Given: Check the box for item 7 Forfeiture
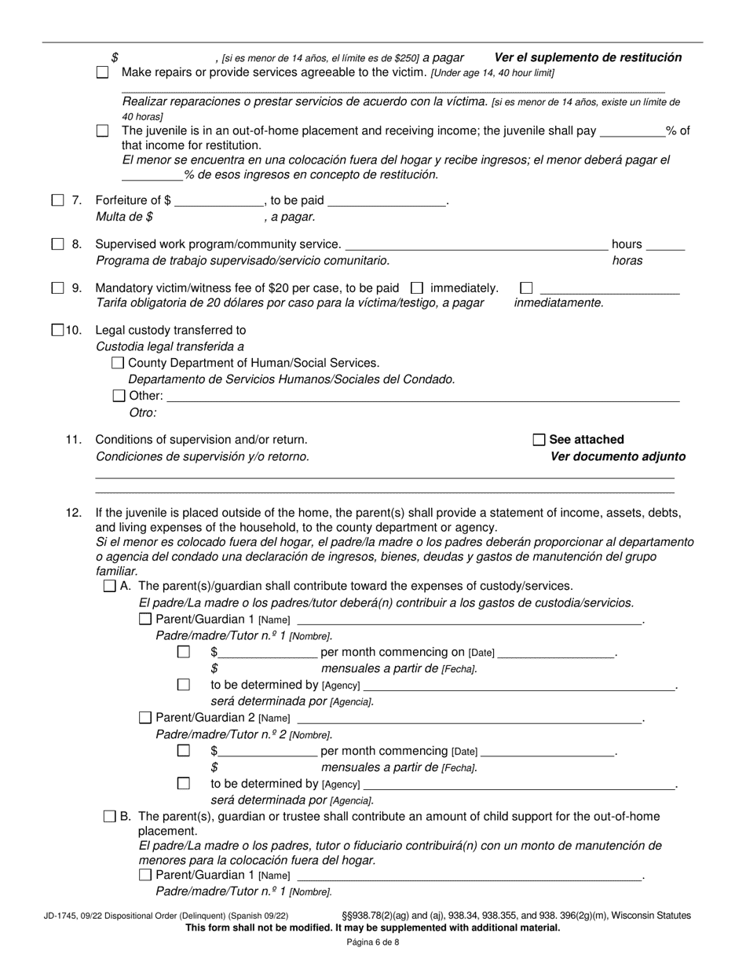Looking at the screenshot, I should pos(58,200).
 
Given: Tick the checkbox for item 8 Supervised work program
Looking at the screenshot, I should pos(58,244).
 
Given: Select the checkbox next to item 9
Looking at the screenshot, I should pos(58,288).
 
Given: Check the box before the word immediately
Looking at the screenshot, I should pos(418,288).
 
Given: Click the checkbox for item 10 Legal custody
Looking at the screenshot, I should pos(58,331).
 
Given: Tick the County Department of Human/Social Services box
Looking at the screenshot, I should pos(119,363).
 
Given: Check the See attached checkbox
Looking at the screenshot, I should pos(539,440).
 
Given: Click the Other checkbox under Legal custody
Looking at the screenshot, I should pos(119,396).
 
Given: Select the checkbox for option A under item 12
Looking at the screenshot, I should pos(110,586).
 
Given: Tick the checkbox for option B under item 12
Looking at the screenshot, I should pos(110,817).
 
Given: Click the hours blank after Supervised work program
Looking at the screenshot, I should pos(666,245).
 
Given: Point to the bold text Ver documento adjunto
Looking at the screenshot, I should pos(617,457).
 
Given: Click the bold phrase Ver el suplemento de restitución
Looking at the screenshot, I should pos(587,57).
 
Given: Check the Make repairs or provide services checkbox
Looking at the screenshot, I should pos(102,72).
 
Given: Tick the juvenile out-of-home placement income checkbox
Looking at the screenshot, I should pos(102,131).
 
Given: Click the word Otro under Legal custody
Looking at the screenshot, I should pos(142,412).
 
